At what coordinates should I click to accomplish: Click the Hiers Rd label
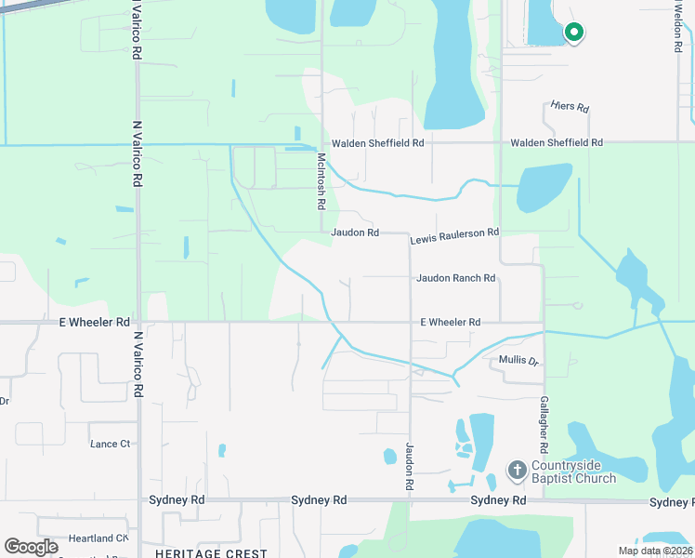(x=570, y=108)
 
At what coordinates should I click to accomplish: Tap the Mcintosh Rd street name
(x=321, y=181)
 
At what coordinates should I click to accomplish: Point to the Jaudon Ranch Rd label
(x=455, y=278)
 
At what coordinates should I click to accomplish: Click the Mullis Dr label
(x=518, y=360)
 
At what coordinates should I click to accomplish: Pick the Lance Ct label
(x=111, y=444)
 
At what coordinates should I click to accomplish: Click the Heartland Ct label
(x=97, y=538)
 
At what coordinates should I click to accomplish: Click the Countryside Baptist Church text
(x=573, y=472)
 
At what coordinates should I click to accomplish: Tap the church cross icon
(x=517, y=471)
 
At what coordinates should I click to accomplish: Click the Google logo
(x=32, y=547)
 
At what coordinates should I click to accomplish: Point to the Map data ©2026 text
(x=654, y=551)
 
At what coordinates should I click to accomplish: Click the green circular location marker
(x=574, y=33)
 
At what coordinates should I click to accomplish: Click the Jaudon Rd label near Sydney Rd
(x=409, y=466)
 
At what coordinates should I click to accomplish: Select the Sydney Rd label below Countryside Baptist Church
(x=498, y=500)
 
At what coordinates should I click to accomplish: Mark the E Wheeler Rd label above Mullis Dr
(x=450, y=322)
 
